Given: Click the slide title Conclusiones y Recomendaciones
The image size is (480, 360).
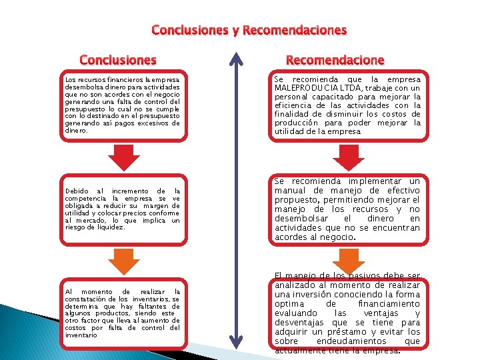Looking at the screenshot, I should tap(249, 30).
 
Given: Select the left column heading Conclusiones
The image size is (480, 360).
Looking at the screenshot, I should tap(118, 60).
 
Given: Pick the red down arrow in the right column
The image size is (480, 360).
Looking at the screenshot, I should tap(346, 157).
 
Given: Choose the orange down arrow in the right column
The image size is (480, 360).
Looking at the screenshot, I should tap(346, 259).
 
